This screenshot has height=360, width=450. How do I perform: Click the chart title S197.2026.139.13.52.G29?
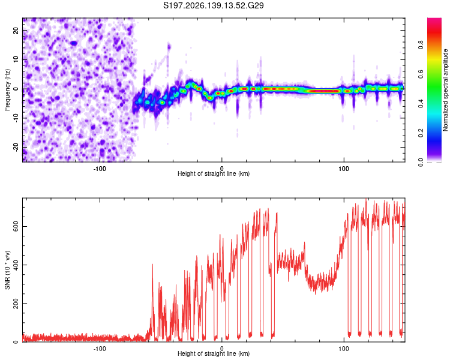(213, 5)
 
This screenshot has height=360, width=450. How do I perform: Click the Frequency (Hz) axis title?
(7, 90)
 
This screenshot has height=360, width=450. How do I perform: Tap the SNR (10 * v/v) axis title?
(7, 270)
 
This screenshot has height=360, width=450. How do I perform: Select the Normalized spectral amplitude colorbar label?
(445, 90)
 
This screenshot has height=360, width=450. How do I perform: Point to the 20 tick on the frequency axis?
(16, 31)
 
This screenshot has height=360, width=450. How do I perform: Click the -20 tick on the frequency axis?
(16, 147)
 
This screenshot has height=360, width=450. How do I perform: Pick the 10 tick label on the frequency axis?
(16, 59)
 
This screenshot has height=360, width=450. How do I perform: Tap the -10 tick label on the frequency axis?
(16, 118)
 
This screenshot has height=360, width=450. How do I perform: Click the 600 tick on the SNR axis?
(16, 227)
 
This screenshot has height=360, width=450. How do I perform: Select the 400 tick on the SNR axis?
(16, 265)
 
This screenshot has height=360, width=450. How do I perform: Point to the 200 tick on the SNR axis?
(16, 304)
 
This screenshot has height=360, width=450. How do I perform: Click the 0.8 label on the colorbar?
(421, 45)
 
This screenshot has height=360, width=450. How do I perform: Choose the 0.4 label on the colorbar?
(421, 104)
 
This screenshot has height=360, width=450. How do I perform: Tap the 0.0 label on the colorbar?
(421, 163)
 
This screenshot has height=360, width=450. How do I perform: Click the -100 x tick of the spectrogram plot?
(100, 169)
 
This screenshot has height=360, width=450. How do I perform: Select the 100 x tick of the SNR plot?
(344, 349)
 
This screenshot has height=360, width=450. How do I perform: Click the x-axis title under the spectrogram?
(214, 173)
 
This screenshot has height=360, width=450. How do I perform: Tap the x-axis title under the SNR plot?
(214, 353)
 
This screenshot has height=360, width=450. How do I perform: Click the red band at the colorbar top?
(434, 29)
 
